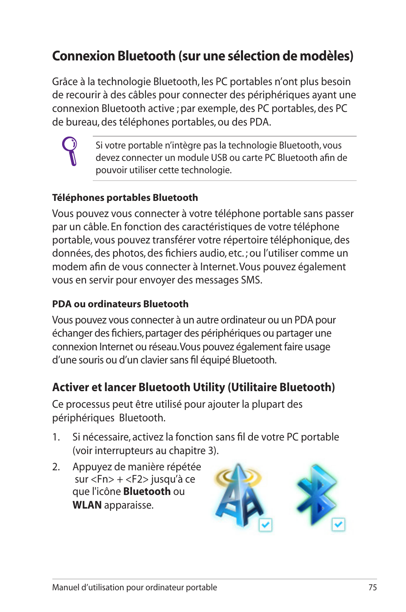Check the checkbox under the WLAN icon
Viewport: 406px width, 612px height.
266,525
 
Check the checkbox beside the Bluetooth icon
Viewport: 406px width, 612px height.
338,524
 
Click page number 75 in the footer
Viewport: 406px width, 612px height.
372,587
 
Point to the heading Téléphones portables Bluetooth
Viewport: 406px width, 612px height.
125,197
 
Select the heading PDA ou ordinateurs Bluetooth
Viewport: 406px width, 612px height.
120,304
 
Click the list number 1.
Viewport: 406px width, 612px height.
56,437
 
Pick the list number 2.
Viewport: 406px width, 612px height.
56,467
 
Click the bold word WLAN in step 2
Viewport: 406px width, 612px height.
87,505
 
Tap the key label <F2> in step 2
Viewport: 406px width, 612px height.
137,479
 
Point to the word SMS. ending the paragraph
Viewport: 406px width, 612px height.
252,280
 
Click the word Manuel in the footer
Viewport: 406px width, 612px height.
65,587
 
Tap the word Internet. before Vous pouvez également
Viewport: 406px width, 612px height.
218,267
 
